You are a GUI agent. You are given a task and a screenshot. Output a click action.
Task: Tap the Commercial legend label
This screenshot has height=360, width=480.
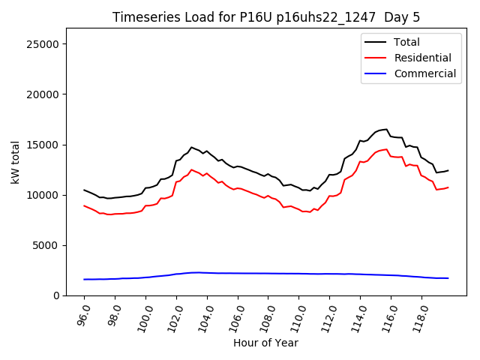point(424,73)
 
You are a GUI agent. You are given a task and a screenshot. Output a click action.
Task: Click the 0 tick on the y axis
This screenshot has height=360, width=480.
point(57,295)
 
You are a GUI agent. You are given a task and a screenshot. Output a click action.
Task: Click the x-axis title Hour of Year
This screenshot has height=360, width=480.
point(265,343)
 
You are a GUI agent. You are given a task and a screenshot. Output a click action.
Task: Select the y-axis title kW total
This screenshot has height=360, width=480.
point(15,162)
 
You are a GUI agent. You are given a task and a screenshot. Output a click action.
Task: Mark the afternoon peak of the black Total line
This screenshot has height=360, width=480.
point(386,129)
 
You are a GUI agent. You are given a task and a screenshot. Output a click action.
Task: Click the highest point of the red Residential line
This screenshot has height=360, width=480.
point(386,149)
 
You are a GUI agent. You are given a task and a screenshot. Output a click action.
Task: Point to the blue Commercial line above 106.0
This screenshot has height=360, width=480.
point(238,273)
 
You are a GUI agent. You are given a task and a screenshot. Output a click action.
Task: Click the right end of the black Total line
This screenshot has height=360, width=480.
point(448,170)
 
